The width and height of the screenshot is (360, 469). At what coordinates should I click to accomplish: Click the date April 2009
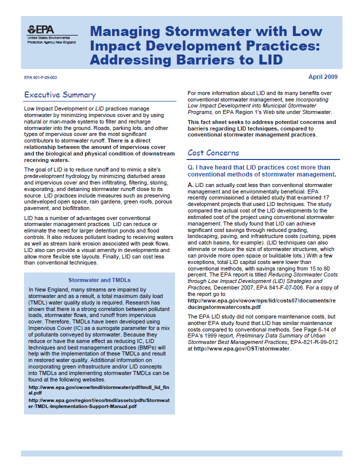322,77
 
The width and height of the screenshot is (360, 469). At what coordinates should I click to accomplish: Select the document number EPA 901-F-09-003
40,77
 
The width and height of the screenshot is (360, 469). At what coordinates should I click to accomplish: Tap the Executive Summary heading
59,95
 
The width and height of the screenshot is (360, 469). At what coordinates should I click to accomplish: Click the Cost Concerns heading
213,153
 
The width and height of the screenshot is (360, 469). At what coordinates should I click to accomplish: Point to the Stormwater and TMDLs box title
99,280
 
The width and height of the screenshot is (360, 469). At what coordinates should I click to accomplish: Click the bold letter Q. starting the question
190,167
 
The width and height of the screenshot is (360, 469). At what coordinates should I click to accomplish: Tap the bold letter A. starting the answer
190,185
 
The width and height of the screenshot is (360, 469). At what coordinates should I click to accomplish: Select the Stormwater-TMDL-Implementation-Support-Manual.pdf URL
99,403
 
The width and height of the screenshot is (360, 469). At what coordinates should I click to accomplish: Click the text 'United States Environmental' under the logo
49,38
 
